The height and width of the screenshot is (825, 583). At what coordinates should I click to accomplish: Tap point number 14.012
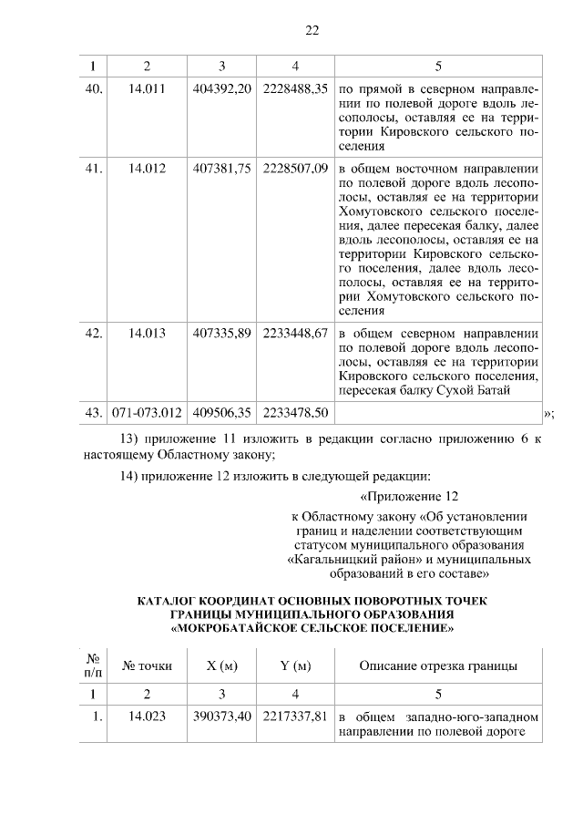148,169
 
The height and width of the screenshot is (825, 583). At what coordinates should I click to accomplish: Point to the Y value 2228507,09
294,169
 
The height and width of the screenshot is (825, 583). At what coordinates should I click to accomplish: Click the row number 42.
93,333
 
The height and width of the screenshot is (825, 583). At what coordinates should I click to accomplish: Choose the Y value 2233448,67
294,333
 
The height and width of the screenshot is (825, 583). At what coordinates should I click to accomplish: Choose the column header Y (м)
295,665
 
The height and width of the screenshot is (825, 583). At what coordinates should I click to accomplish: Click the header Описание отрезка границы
439,665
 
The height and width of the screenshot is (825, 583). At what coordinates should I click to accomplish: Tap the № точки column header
148,665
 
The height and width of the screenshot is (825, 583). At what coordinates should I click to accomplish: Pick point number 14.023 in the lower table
148,717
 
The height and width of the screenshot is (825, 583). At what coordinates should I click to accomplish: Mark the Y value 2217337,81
294,717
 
